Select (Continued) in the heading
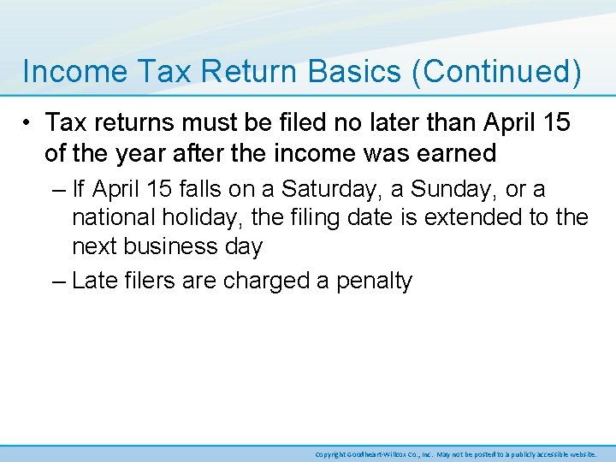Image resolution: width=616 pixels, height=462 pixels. coord(497,72)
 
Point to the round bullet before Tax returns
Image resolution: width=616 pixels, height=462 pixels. coord(29,124)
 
